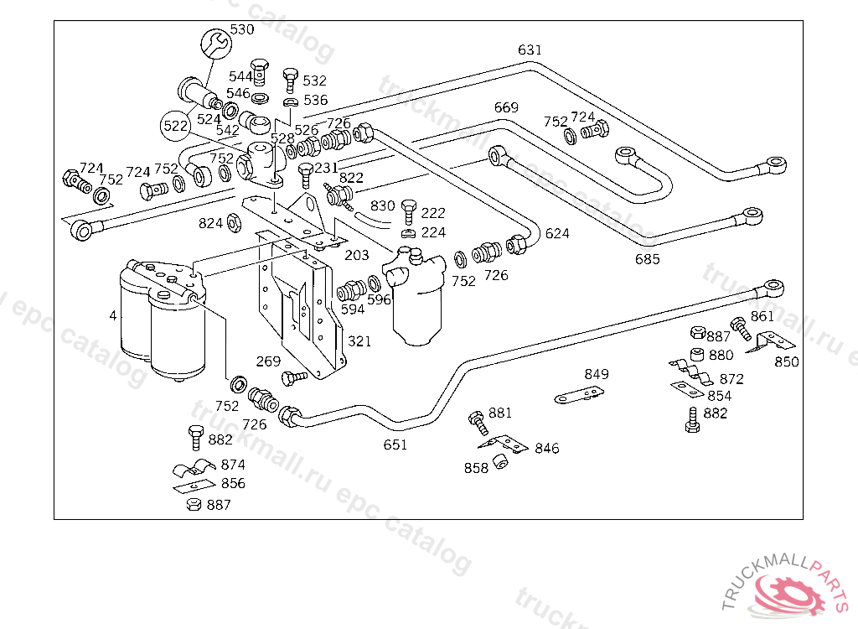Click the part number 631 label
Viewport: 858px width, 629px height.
tap(530, 50)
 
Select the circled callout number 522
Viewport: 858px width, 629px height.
tap(175, 125)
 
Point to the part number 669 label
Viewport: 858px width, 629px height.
tap(506, 107)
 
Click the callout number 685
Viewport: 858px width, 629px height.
tap(647, 259)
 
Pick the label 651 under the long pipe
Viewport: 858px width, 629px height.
tap(395, 444)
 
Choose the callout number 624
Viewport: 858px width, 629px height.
tap(557, 234)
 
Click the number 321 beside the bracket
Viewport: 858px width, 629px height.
tap(359, 342)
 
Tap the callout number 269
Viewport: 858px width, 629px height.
tap(268, 361)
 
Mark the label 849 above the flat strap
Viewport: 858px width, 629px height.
tap(597, 374)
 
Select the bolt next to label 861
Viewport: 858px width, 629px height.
tap(738, 325)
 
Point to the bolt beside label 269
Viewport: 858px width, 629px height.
tap(295, 378)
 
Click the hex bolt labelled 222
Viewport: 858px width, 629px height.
tap(409, 208)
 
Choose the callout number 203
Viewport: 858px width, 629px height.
tap(356, 254)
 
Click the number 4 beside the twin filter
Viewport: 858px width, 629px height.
tap(112, 316)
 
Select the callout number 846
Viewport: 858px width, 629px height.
tap(546, 449)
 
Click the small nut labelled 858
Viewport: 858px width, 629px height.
tap(501, 461)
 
